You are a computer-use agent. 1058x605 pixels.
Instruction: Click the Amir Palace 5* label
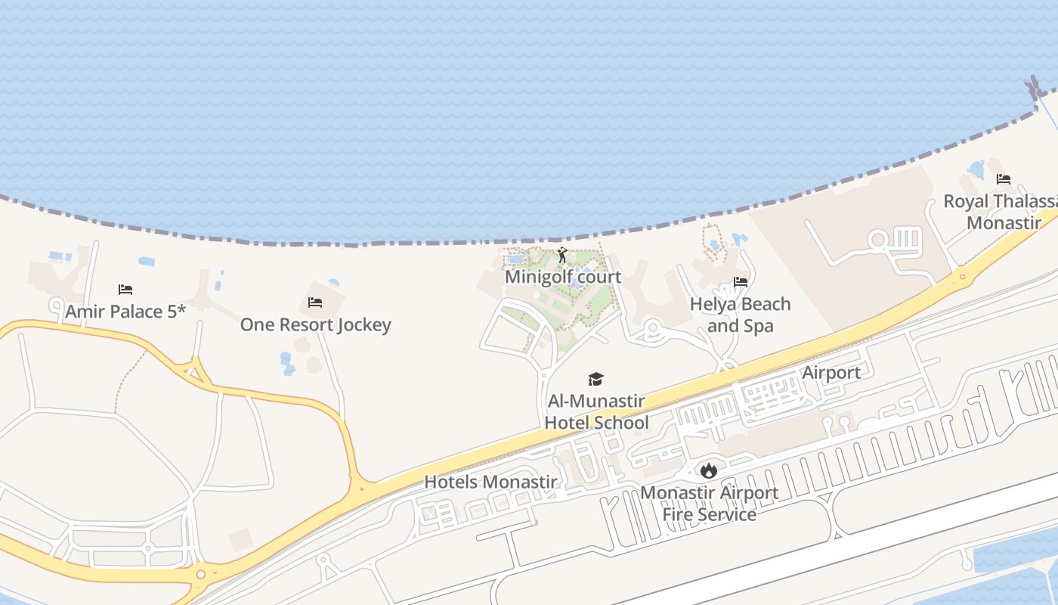[x=125, y=312]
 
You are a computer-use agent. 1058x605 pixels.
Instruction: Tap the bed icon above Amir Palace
[x=125, y=290]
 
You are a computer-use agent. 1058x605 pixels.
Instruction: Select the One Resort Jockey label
[x=315, y=324]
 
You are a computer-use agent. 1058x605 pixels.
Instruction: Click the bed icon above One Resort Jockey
[x=315, y=302]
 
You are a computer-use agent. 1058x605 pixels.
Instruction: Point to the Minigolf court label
[x=563, y=277]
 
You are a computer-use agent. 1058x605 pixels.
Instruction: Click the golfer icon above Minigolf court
[x=562, y=255]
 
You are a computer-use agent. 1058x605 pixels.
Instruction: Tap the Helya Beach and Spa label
[x=740, y=315]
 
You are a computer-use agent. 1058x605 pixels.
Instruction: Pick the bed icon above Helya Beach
[x=741, y=282]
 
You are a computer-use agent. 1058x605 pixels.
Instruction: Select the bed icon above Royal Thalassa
[x=1004, y=179]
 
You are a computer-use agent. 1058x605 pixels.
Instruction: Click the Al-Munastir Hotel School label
[x=596, y=411]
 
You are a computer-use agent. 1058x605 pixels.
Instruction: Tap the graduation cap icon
[x=596, y=379]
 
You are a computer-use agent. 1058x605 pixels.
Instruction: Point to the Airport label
[x=831, y=373]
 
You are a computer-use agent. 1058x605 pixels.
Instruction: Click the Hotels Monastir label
[x=490, y=482]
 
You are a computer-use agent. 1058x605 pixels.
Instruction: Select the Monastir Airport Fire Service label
[x=709, y=504]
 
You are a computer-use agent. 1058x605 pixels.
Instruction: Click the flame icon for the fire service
[x=708, y=470]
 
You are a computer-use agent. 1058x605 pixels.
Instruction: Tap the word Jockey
[x=364, y=324]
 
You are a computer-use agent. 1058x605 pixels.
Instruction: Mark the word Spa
[x=759, y=326]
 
